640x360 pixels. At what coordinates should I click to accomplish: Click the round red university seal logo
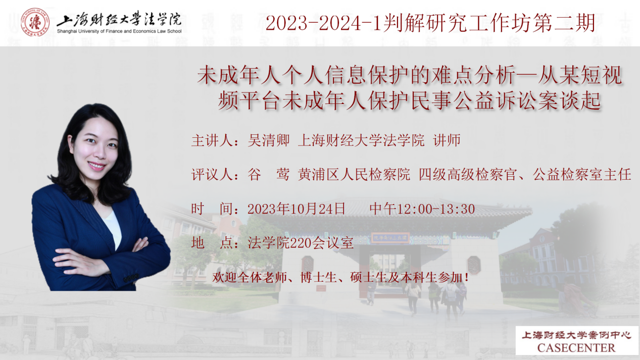(x=35, y=22)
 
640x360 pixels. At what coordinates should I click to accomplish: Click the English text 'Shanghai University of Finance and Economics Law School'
(x=119, y=31)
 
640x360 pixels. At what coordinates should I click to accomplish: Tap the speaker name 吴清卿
(x=269, y=140)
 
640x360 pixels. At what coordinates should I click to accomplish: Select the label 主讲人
(x=212, y=140)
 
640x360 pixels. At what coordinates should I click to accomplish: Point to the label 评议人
(x=212, y=174)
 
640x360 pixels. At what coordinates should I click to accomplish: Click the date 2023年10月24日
(x=297, y=209)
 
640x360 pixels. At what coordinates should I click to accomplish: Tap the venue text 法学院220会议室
(x=301, y=243)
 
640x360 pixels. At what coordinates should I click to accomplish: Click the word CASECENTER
(x=576, y=348)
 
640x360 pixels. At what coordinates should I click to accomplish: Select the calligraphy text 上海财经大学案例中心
(x=576, y=335)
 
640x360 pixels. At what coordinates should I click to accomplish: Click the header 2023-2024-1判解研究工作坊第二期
(x=430, y=23)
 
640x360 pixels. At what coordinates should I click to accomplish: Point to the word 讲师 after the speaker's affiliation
(x=447, y=140)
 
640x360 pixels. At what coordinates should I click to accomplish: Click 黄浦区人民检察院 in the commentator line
(x=354, y=174)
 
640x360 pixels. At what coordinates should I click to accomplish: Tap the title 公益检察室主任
(x=582, y=174)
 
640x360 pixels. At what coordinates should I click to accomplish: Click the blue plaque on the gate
(x=390, y=238)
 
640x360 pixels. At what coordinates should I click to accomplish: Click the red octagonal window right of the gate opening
(x=473, y=265)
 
